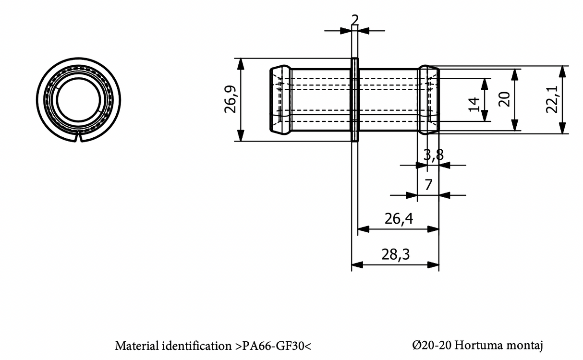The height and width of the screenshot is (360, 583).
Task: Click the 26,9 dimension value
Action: point(231,100)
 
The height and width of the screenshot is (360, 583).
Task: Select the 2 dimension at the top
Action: point(354,20)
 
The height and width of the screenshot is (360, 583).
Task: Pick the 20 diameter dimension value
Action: point(503,99)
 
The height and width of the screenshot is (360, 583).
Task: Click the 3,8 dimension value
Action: point(433,155)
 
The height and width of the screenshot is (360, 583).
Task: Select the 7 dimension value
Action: point(428,184)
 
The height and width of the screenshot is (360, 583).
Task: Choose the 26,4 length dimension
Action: point(399,219)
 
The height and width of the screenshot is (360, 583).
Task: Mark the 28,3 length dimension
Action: point(395,254)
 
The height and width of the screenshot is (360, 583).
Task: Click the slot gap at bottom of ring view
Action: point(79,139)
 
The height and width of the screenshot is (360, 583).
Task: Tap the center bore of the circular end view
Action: point(79,99)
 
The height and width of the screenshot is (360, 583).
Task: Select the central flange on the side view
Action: point(354,100)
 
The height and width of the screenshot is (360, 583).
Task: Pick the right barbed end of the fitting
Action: point(428,100)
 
